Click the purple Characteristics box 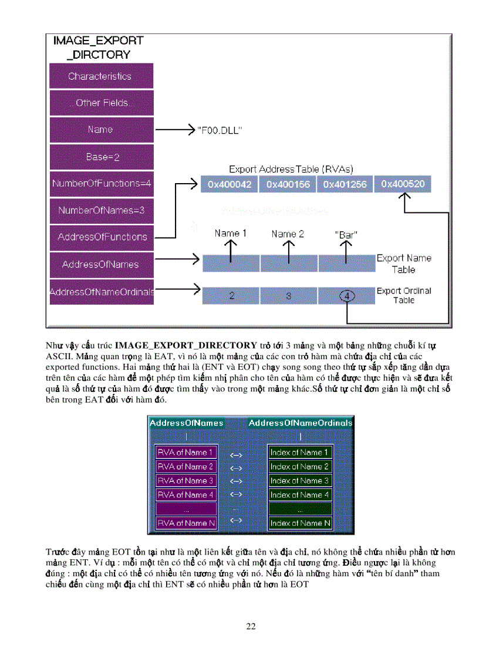coord(101,76)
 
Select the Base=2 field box coord(101,157)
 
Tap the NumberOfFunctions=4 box coord(101,184)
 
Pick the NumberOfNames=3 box coord(101,210)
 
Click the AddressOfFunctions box coord(101,237)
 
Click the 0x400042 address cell coord(230,185)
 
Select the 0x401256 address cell coord(345,185)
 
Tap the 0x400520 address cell coord(403,184)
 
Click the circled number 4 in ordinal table coord(346,296)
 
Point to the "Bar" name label coord(346,234)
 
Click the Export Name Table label coord(404,263)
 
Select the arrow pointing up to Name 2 coord(288,251)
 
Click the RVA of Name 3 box coord(185,481)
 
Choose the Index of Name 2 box coord(299,467)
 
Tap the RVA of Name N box coord(185,523)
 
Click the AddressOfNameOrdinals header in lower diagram coord(301,423)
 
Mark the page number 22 coord(251,626)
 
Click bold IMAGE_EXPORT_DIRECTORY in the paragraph coord(186,345)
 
